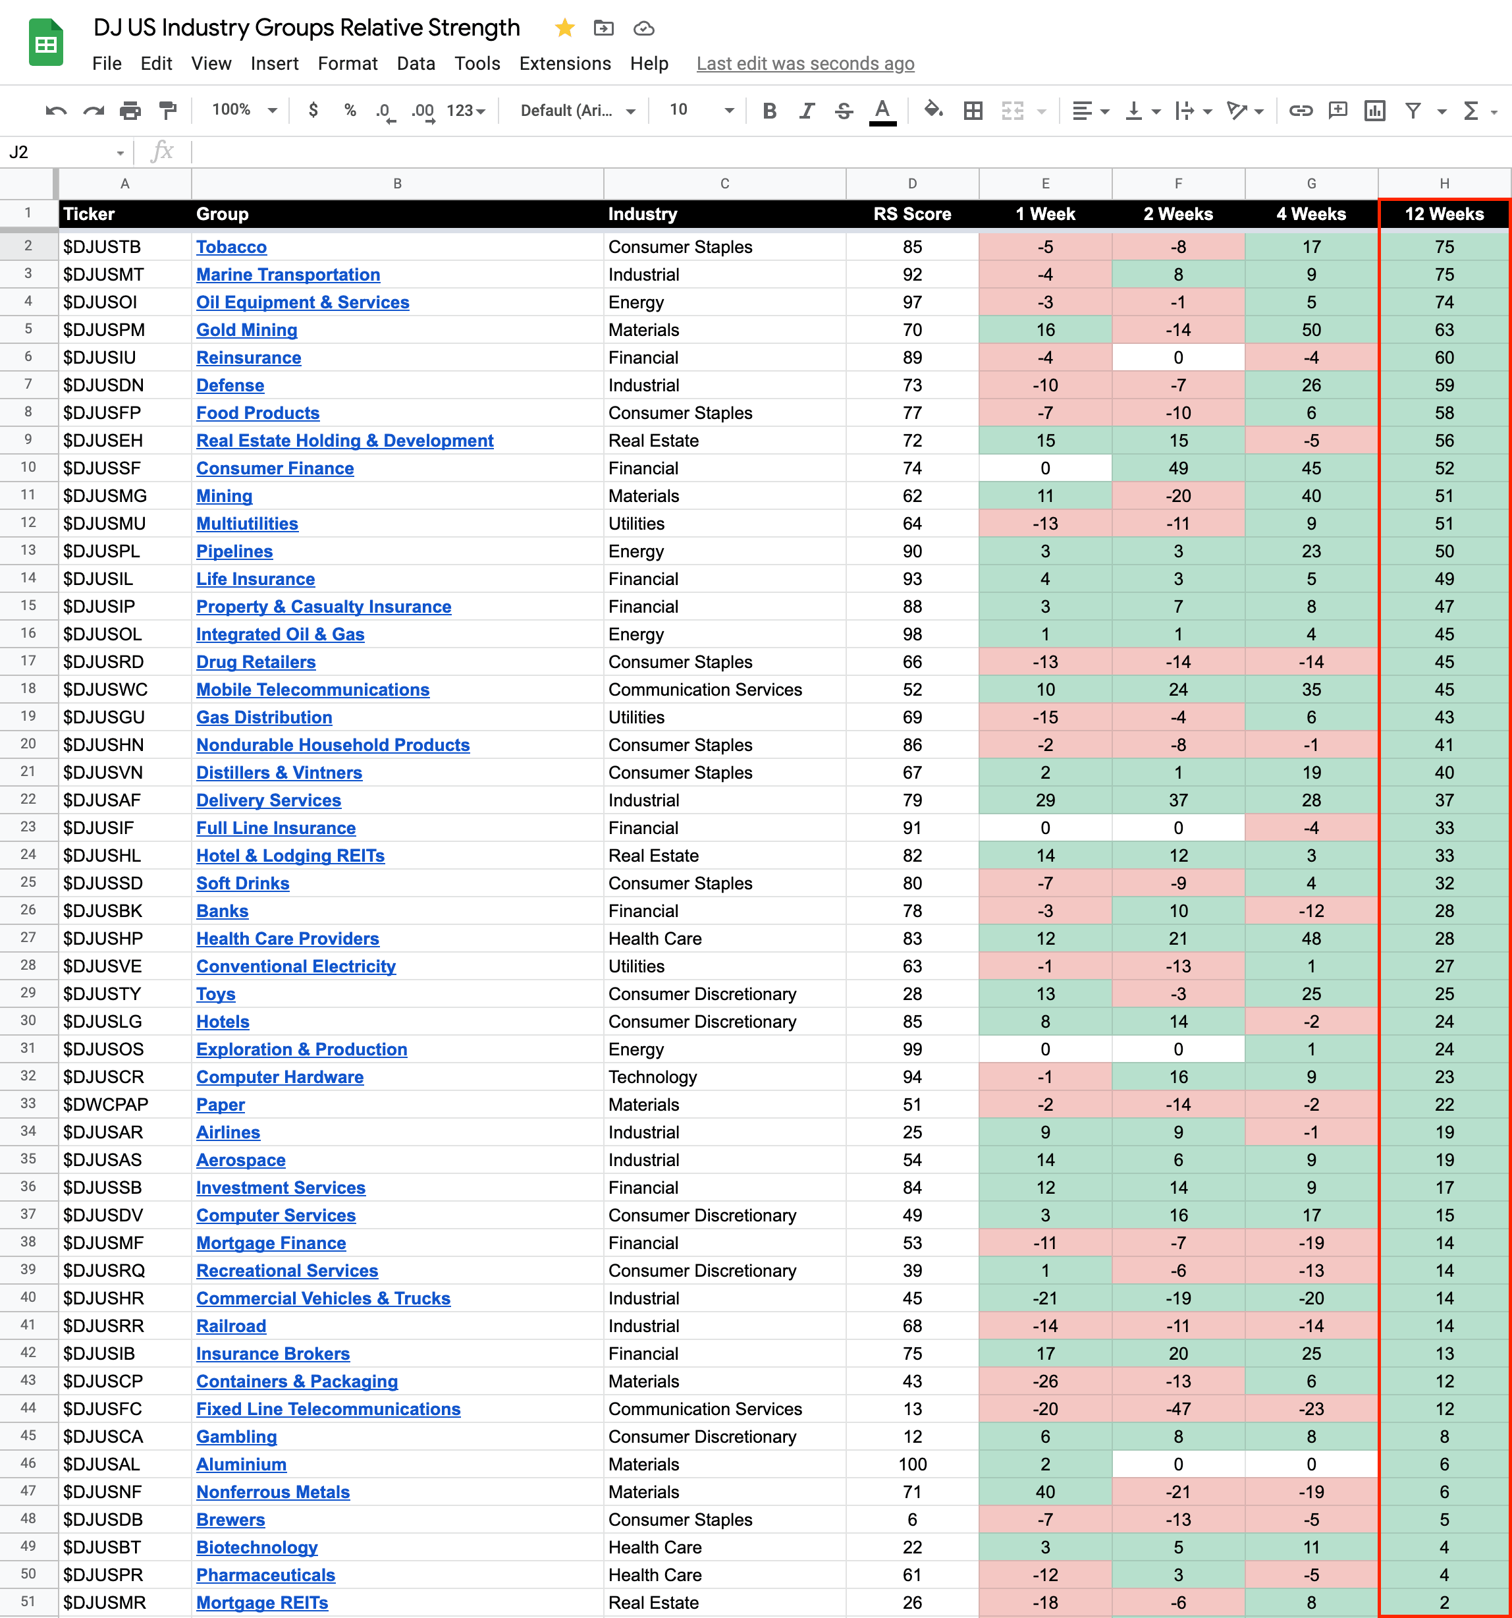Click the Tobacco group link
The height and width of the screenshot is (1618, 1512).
pyautogui.click(x=231, y=246)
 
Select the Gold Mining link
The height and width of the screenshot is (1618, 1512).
pyautogui.click(x=246, y=329)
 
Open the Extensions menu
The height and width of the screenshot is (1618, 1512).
pyautogui.click(x=565, y=63)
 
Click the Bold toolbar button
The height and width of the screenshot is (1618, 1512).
pyautogui.click(x=769, y=111)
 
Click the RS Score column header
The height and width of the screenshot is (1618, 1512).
pyautogui.click(x=911, y=214)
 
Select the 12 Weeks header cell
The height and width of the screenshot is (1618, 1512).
pyautogui.click(x=1444, y=214)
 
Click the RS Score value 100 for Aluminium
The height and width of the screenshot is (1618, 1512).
pyautogui.click(x=911, y=1465)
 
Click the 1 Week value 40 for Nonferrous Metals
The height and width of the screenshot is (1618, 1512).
pyautogui.click(x=1045, y=1492)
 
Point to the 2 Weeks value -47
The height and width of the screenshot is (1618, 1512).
pyautogui.click(x=1177, y=1409)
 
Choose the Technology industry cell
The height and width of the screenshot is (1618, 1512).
pyautogui.click(x=653, y=1076)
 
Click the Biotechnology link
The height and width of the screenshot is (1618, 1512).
pyautogui.click(x=256, y=1548)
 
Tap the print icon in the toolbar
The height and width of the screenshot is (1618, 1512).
pyautogui.click(x=130, y=111)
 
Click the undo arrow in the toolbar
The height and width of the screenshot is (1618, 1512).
pyautogui.click(x=56, y=111)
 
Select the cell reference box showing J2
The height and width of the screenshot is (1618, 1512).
pyautogui.click(x=65, y=152)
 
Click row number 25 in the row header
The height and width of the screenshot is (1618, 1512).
pyautogui.click(x=28, y=882)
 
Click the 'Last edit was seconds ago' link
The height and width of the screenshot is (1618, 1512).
pyautogui.click(x=805, y=63)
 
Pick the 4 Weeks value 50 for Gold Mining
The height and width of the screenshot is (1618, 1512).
pyautogui.click(x=1310, y=329)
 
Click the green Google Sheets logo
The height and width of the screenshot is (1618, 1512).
pyautogui.click(x=46, y=43)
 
